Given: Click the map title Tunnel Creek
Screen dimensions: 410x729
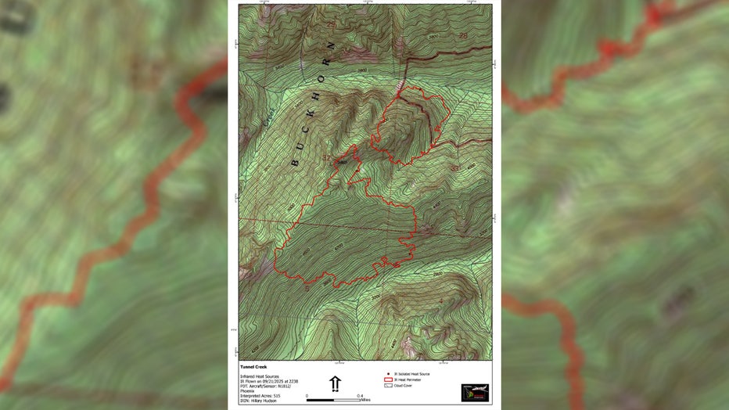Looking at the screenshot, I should click(x=253, y=366).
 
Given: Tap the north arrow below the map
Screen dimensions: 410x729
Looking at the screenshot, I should click(x=335, y=383).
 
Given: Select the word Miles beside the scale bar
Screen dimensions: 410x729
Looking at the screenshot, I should click(x=366, y=401).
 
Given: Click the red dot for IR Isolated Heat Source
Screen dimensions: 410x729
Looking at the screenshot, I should click(x=389, y=374).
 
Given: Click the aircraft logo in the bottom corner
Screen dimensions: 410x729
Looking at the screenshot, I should click(x=475, y=392).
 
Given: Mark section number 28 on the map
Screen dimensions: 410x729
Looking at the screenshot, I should click(x=463, y=37).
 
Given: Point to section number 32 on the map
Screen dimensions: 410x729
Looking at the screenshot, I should click(x=326, y=159).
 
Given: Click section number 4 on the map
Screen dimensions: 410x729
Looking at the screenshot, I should click(x=440, y=301).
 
